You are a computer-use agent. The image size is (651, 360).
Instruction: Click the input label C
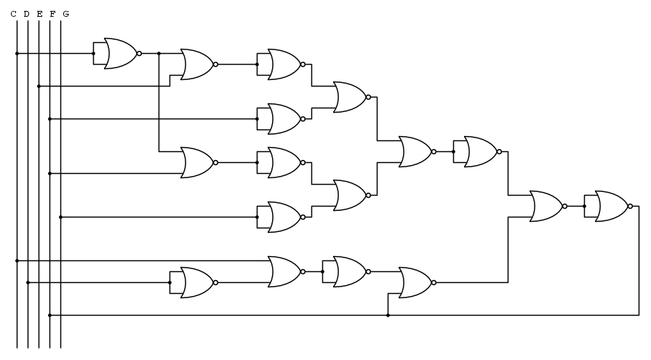[14, 14]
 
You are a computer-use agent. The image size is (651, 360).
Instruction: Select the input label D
[27, 14]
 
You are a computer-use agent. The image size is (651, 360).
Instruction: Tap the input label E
[39, 14]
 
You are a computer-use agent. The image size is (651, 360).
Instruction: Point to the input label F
[52, 14]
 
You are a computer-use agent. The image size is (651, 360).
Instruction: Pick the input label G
[65, 14]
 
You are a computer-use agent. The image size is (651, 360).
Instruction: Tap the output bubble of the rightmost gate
[630, 207]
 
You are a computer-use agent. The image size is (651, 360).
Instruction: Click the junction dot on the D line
[28, 283]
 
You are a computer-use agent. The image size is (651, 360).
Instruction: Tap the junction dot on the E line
[39, 87]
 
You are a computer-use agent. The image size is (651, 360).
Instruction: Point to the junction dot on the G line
[60, 217]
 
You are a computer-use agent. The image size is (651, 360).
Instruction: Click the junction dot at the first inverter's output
[159, 54]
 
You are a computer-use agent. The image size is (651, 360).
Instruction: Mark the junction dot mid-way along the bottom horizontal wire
[388, 316]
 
